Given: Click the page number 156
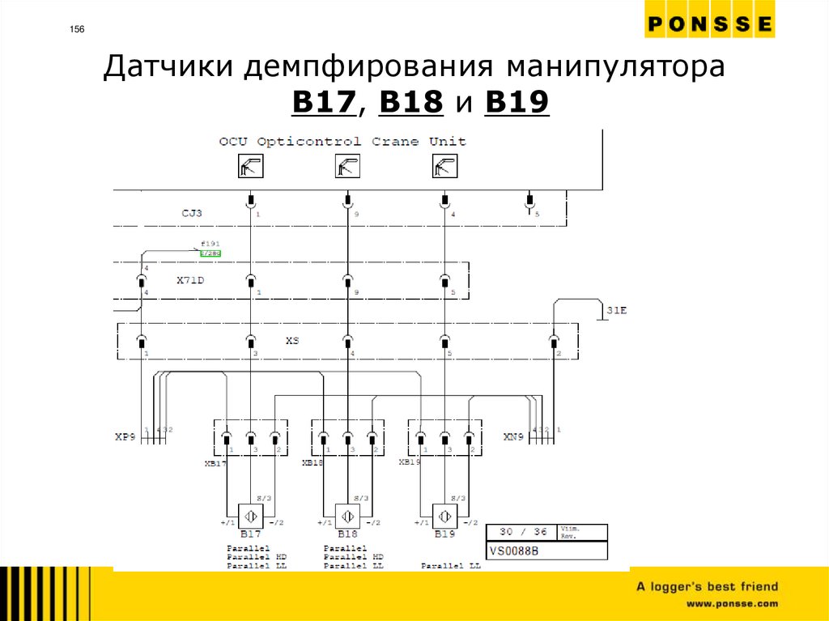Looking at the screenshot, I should pos(77,31).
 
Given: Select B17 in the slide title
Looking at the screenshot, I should pos(324,103).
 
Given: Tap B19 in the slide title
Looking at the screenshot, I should pos(517,103).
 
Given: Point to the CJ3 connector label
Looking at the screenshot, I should pos(192,214).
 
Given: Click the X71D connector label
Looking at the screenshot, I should pos(190,281).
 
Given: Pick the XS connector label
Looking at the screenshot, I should pos(292,341).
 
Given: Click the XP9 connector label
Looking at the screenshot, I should pos(125,436).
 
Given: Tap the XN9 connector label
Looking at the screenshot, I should pos(513,436).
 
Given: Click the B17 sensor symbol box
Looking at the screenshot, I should pos(251,516).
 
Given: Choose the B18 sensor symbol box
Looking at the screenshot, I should pos(347,516).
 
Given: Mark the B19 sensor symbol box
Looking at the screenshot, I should pos(444,516).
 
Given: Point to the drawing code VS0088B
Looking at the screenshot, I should pos(515,551).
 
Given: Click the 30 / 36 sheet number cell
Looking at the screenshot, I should pos(522,532).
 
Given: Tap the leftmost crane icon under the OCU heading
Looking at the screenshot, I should pos(251,167).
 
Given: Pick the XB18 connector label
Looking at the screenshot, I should pos(312,462).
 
